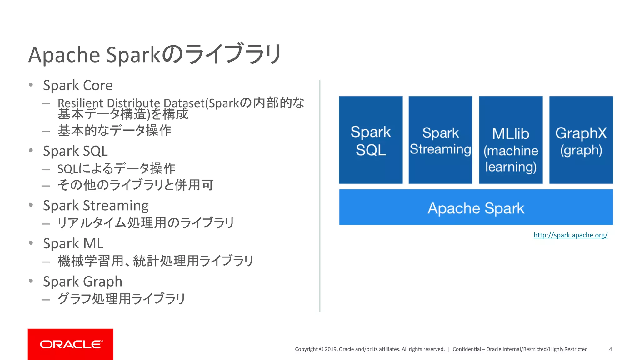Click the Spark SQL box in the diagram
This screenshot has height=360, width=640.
371,140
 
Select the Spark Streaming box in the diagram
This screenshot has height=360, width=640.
440,140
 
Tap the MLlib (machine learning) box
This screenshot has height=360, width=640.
511,140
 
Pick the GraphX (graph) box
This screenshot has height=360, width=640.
581,140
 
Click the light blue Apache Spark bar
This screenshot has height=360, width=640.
476,207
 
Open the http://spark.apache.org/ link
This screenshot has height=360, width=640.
570,235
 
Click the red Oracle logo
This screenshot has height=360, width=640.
71,344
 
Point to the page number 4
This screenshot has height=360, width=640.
610,349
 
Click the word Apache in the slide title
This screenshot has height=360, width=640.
64,55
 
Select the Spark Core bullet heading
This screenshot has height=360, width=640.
78,85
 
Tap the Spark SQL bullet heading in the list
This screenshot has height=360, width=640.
75,151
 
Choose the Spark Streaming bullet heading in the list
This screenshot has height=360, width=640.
96,206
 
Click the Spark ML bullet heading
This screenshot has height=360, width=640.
73,244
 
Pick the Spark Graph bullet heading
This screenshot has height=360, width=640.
82,282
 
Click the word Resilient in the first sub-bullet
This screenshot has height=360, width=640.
80,102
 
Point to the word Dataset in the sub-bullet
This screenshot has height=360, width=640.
184,103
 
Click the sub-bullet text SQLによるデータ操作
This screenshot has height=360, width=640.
116,169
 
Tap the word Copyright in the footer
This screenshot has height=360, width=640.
306,349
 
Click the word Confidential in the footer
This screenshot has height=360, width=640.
467,349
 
